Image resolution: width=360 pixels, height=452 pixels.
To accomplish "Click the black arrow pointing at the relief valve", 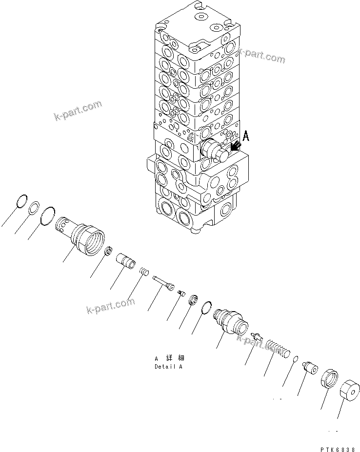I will pos(237,146).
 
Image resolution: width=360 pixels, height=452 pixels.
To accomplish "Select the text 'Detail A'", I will pos(168,366).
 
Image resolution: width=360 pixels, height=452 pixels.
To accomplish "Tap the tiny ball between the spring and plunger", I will pos(295,360).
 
